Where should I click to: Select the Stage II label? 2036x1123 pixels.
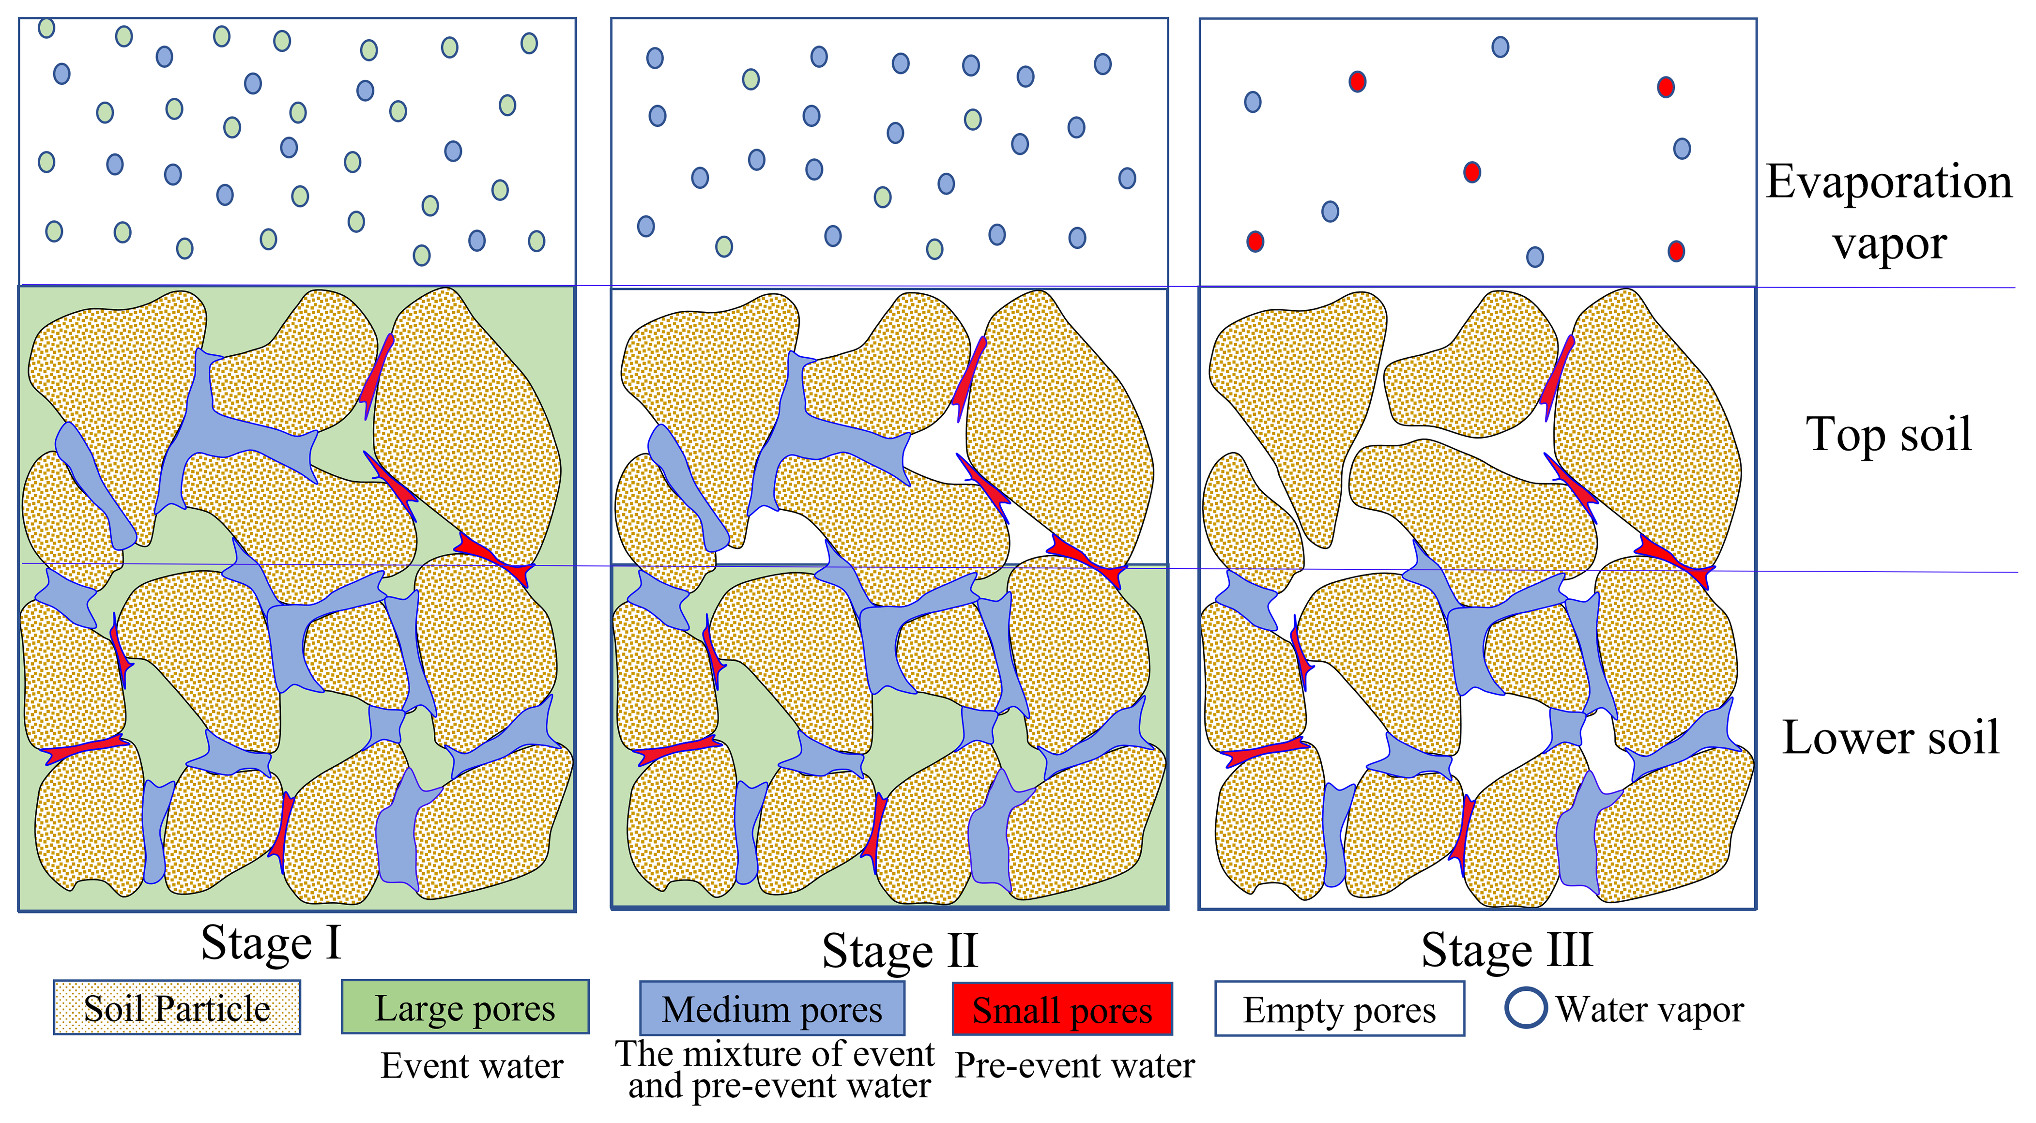click(900, 951)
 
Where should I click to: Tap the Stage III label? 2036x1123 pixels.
click(1506, 949)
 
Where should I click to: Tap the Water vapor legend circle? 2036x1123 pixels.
click(1525, 1008)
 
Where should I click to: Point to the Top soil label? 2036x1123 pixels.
click(1888, 434)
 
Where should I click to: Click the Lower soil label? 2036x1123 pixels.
click(1890, 737)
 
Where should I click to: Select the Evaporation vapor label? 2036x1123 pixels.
click(1889, 212)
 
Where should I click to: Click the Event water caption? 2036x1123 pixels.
click(472, 1066)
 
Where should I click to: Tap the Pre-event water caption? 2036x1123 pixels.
click(1074, 1066)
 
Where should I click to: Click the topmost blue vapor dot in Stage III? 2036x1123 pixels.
click(1500, 46)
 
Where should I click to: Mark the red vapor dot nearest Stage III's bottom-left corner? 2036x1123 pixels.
click(1255, 241)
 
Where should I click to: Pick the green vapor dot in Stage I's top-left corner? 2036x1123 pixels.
click(46, 28)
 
